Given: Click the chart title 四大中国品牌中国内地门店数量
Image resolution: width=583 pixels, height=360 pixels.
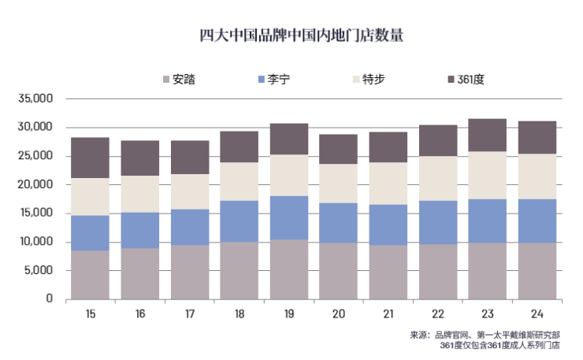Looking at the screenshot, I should click(x=291, y=35).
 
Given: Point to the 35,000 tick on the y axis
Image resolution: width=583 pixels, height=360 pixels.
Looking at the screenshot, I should click(x=36, y=98).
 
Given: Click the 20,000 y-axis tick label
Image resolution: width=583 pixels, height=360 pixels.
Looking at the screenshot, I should click(x=36, y=184).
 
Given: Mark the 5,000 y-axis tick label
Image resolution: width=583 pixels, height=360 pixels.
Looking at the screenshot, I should click(x=39, y=270).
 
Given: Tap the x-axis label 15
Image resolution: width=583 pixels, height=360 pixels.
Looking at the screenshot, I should click(x=91, y=314).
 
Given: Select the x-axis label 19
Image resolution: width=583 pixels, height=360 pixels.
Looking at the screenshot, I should click(x=289, y=314).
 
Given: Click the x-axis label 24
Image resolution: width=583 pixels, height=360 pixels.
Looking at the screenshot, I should click(x=537, y=314).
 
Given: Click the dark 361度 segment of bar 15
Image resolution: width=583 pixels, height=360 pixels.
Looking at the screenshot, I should click(x=91, y=158).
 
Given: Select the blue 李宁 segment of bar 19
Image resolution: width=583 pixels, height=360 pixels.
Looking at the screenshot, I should click(x=289, y=217).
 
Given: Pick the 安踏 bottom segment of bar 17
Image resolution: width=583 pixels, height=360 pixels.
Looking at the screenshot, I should click(x=190, y=272).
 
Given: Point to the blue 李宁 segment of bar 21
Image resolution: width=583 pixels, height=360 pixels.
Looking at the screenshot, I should click(x=388, y=225).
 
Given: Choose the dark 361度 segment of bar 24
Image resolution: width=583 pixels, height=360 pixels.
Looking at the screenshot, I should click(x=537, y=137).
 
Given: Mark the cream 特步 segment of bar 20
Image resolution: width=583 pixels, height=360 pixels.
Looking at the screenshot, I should click(x=339, y=184).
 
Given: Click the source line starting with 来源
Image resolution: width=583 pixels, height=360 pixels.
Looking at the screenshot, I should click(x=485, y=335).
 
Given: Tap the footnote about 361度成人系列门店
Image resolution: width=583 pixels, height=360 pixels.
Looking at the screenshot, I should click(x=499, y=345).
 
